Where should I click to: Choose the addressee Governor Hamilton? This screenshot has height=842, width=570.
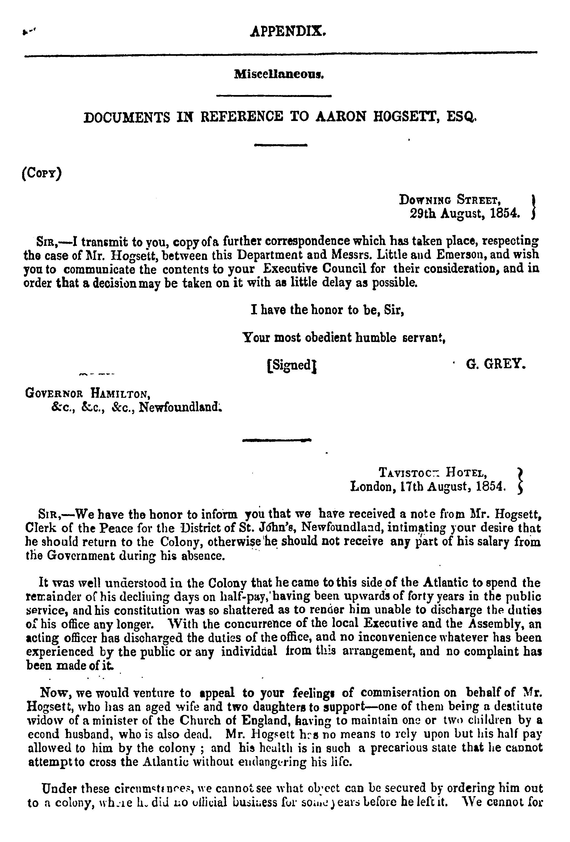click(x=87, y=393)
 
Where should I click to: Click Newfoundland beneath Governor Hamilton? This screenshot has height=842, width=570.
click(x=180, y=407)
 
